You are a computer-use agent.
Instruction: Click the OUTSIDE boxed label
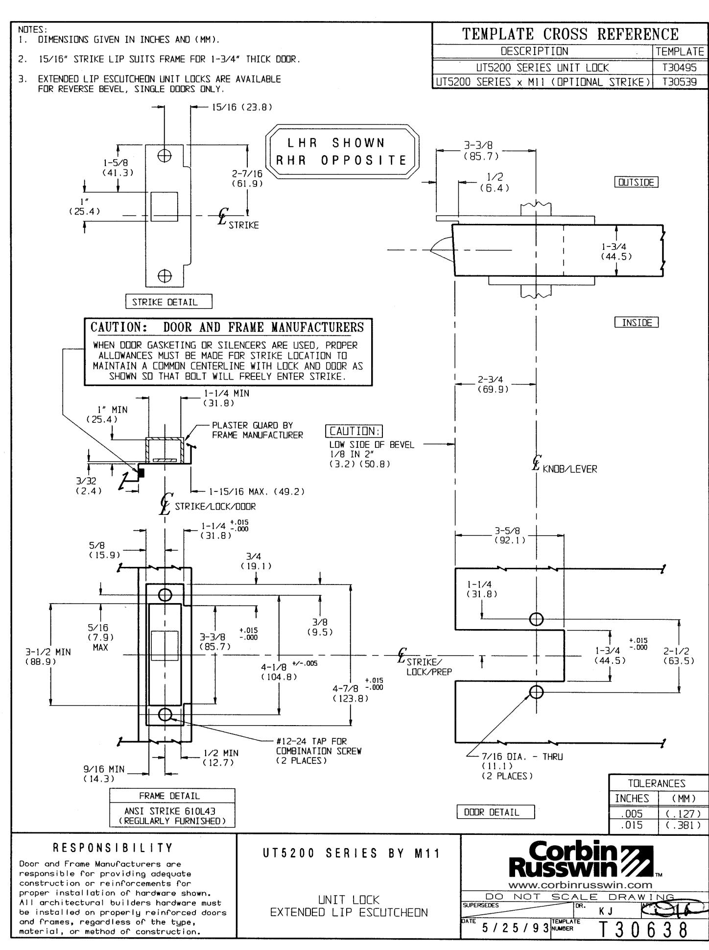tap(636, 182)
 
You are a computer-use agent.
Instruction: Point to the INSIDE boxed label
tap(636, 322)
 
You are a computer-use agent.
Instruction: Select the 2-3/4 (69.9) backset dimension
tap(492, 385)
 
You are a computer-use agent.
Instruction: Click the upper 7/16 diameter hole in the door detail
tap(536, 619)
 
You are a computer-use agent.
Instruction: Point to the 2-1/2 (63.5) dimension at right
tap(679, 656)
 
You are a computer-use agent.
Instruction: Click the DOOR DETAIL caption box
tap(496, 812)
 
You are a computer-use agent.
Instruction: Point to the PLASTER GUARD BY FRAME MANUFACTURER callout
tap(257, 430)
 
